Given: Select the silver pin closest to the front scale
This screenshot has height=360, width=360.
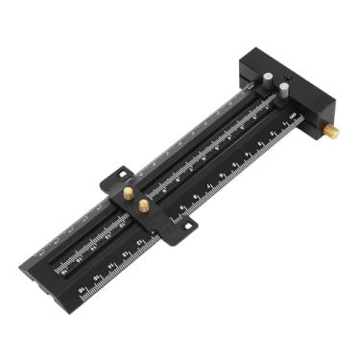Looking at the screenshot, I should pyautogui.click(x=284, y=90).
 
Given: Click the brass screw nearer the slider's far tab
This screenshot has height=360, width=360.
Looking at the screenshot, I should pyautogui.click(x=128, y=193).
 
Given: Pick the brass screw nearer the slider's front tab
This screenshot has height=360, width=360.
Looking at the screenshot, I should pyautogui.click(x=144, y=204).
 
